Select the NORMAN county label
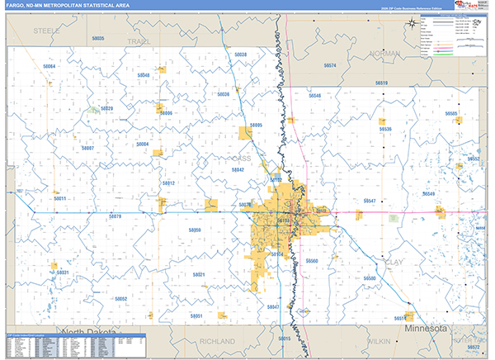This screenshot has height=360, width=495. click(x=385, y=54)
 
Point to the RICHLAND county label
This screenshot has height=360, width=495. click(x=217, y=340)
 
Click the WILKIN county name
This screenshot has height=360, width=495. click(x=379, y=340)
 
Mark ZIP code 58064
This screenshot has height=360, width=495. click(x=49, y=66)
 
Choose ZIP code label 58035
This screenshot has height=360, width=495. click(x=98, y=39)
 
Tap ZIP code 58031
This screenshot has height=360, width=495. click(x=62, y=272)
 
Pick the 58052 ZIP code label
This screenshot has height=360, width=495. click(x=120, y=299)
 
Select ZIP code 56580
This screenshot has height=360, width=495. click(x=369, y=279)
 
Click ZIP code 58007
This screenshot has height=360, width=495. click(x=88, y=148)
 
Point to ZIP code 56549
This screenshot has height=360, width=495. click(x=428, y=193)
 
